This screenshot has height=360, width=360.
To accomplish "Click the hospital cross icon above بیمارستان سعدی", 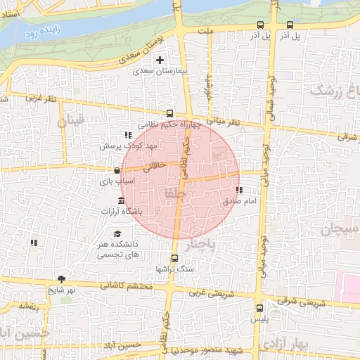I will pos(160,60).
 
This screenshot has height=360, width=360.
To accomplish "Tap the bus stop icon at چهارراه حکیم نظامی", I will pos(169,112).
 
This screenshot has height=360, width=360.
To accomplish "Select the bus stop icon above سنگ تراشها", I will pos(174,257).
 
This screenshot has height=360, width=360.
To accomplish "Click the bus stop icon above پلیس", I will pos(260,307).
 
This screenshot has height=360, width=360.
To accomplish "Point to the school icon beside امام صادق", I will pos(239,190).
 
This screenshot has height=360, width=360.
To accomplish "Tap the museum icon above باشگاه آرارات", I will pos(122,201).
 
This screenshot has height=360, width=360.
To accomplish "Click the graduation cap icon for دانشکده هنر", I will pos(117,234).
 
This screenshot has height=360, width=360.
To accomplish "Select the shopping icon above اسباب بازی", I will pos(117,170).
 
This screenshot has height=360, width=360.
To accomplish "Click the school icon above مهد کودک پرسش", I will pos(127,135).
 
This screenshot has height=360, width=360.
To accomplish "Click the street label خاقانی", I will pos(155,167).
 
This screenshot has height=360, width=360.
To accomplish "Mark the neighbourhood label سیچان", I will pos(340,230).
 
